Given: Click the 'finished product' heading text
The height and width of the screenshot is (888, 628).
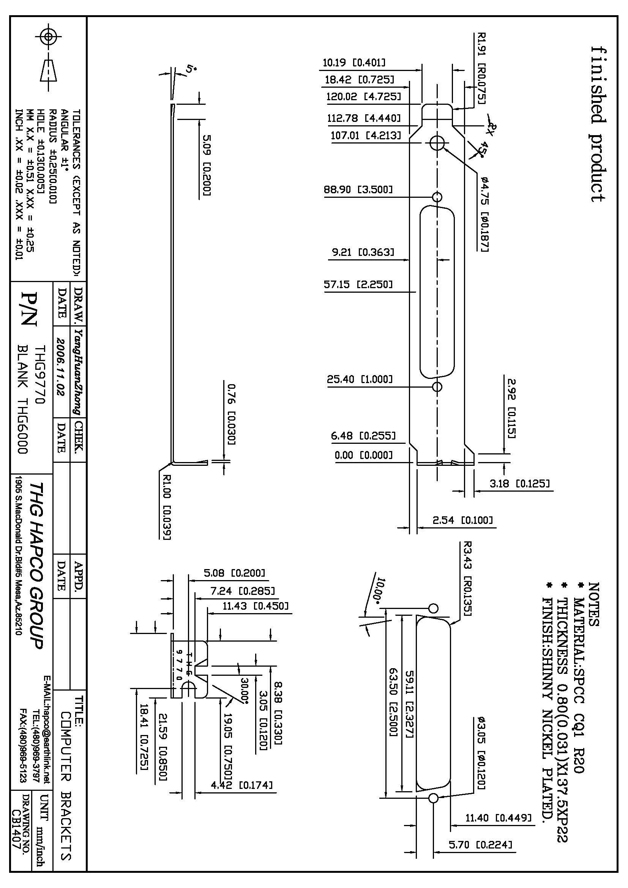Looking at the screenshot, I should pos(598,124).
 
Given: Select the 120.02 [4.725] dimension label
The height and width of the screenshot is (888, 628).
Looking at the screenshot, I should pos(363,96).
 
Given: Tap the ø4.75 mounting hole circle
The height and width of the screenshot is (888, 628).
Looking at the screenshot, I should pos(437,144).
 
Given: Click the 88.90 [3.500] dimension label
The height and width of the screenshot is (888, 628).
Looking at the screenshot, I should pos(358,190).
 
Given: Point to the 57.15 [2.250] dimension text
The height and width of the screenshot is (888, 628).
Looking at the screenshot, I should pos(358,285).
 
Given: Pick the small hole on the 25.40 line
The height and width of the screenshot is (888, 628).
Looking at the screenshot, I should pos(437,387).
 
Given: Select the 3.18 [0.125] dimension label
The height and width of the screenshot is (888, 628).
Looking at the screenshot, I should pos(519,483).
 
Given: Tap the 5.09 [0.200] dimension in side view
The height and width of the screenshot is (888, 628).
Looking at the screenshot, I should pos(207,165).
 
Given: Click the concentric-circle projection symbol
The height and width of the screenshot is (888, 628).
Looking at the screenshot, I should pos(48,37).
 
